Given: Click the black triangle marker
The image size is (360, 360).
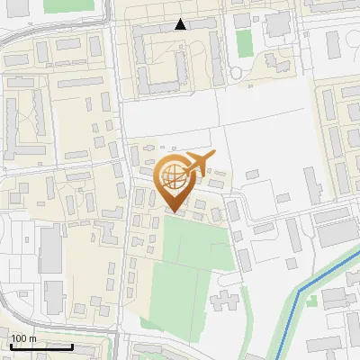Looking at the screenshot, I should pos(181,24).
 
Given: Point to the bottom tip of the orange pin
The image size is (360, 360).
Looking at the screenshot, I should pos(174,212).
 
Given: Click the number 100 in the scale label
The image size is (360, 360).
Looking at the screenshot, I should pos(19,338).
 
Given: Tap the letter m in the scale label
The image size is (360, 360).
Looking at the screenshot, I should pos(32,338).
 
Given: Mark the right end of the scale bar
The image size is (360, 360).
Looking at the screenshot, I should pos(72,346).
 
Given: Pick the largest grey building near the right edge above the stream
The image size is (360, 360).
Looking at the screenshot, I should pos(338,234).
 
